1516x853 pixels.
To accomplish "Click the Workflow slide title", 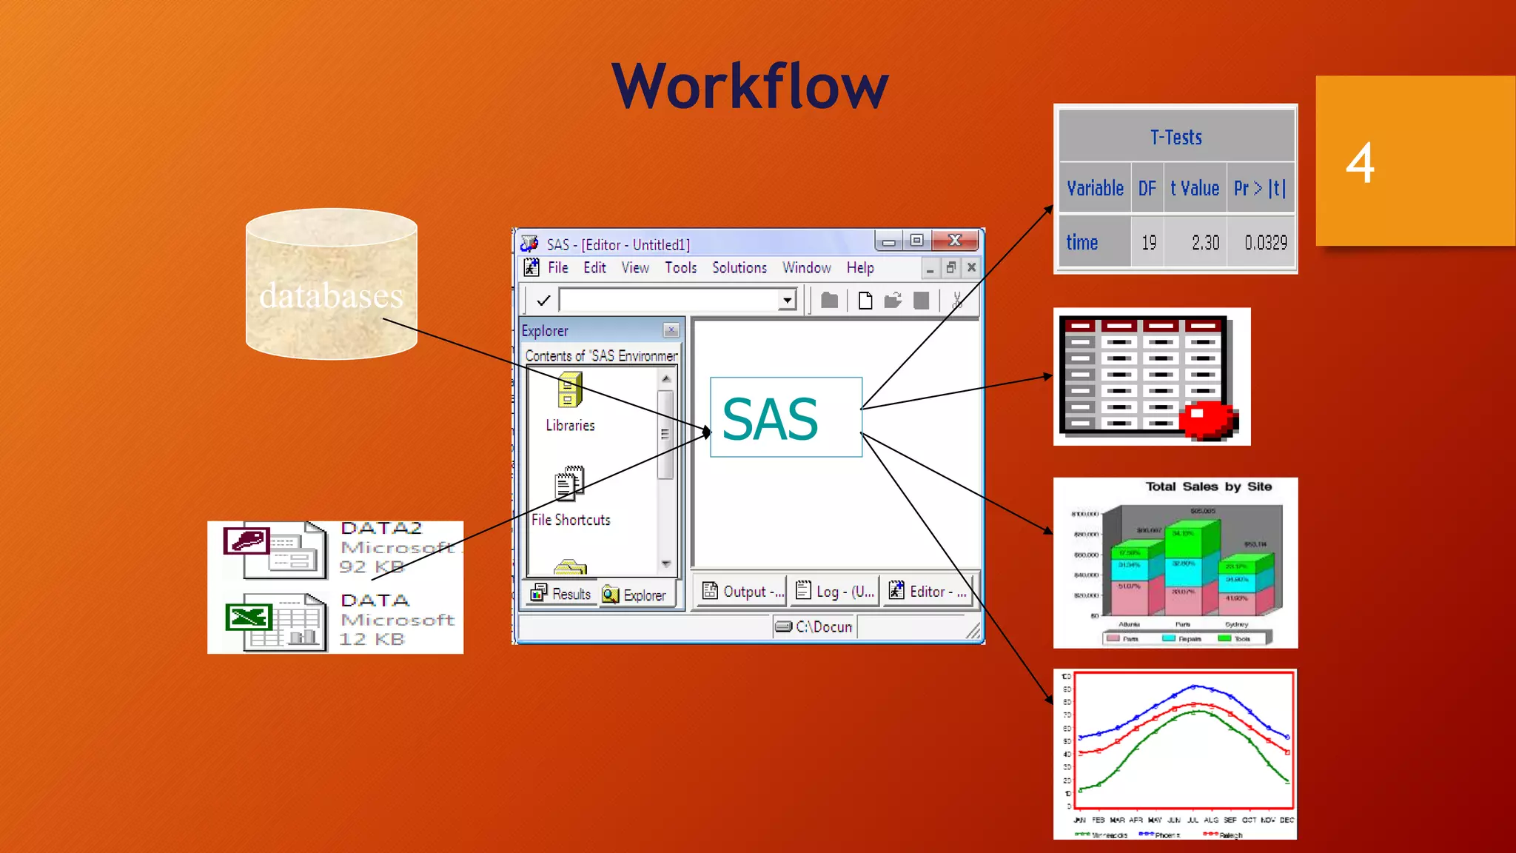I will [x=749, y=87].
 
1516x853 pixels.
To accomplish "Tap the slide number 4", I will [x=1360, y=163].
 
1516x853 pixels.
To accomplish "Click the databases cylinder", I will [x=331, y=285].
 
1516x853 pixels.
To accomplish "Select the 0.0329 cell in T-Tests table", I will [x=1265, y=242].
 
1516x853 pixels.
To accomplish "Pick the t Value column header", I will [x=1194, y=188].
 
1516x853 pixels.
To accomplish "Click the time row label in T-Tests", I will [x=1081, y=242].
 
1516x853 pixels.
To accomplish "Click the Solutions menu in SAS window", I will [x=739, y=267].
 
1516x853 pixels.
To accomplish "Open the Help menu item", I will [x=859, y=267].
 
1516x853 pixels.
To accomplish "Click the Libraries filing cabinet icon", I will [x=569, y=389].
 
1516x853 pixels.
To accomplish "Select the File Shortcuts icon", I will [x=569, y=484].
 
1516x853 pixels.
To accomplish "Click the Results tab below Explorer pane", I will [x=561, y=594].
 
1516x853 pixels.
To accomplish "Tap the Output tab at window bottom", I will [x=742, y=591].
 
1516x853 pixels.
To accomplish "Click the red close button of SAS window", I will [x=955, y=240].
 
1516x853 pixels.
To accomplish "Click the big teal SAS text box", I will [x=785, y=418].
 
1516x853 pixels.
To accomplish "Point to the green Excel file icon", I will [x=248, y=617].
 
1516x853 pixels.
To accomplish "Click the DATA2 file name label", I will [x=381, y=528].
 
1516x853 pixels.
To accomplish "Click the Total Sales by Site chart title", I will [x=1208, y=486].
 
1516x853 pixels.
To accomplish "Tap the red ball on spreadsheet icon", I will [x=1207, y=420].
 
